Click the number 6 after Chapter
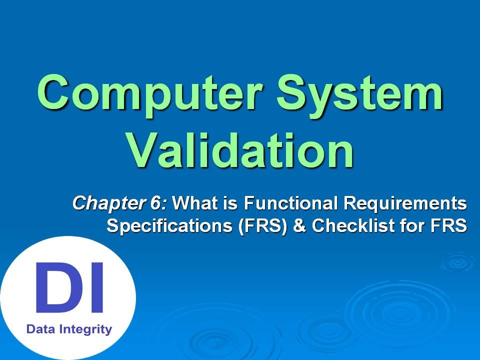pyautogui.click(x=155, y=203)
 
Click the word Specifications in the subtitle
pyautogui.click(x=169, y=226)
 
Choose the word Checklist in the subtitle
pyautogui.click(x=353, y=225)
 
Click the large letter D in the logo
pyautogui.click(x=57, y=287)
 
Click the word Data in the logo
pyautogui.click(x=40, y=329)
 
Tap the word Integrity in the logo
pyautogui.click(x=85, y=330)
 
